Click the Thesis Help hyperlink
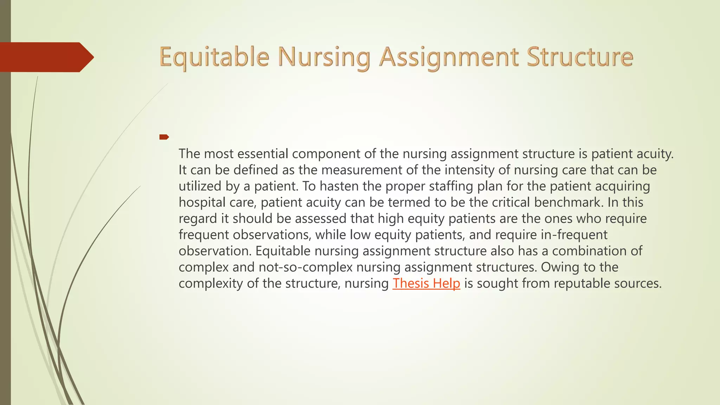[426, 283]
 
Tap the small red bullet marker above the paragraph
[164, 137]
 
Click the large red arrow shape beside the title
[46, 57]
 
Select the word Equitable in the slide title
[214, 57]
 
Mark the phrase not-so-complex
[305, 267]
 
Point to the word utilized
[200, 186]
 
